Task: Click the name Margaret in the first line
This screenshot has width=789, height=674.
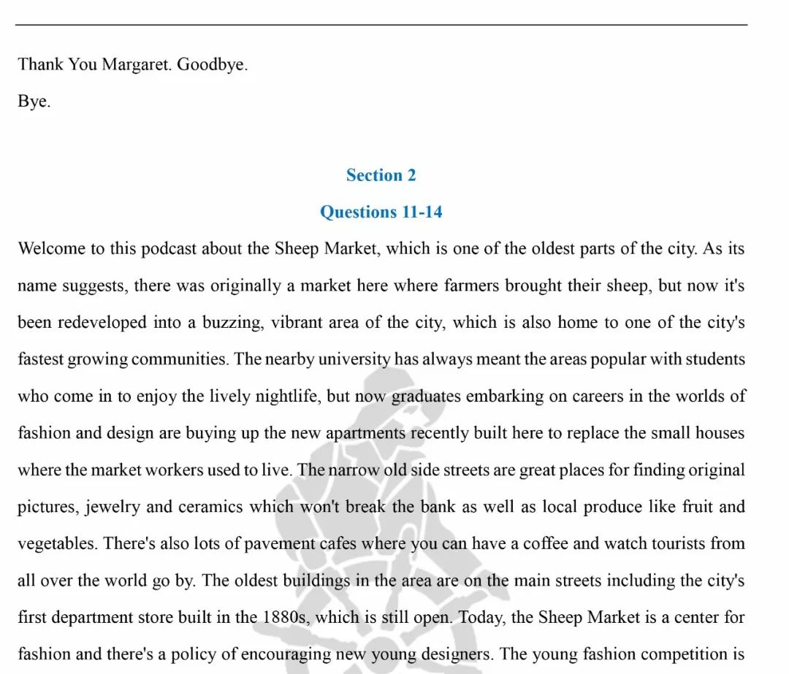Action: (137, 64)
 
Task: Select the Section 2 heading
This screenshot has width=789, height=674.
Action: (381, 175)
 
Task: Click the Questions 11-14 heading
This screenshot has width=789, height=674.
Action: (381, 212)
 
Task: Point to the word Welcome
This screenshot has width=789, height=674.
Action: (51, 248)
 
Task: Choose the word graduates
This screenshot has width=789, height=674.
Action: (425, 396)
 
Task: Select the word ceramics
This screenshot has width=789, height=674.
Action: (207, 507)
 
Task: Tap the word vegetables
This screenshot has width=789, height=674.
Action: (57, 544)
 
